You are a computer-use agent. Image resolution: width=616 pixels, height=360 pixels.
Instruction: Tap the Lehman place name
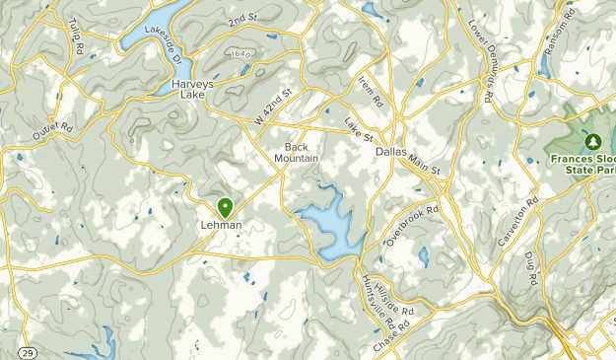pos(222,225)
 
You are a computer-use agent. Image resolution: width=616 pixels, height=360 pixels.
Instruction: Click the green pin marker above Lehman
pos(226,207)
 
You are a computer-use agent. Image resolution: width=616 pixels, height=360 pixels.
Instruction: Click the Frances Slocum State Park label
pos(582,163)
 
